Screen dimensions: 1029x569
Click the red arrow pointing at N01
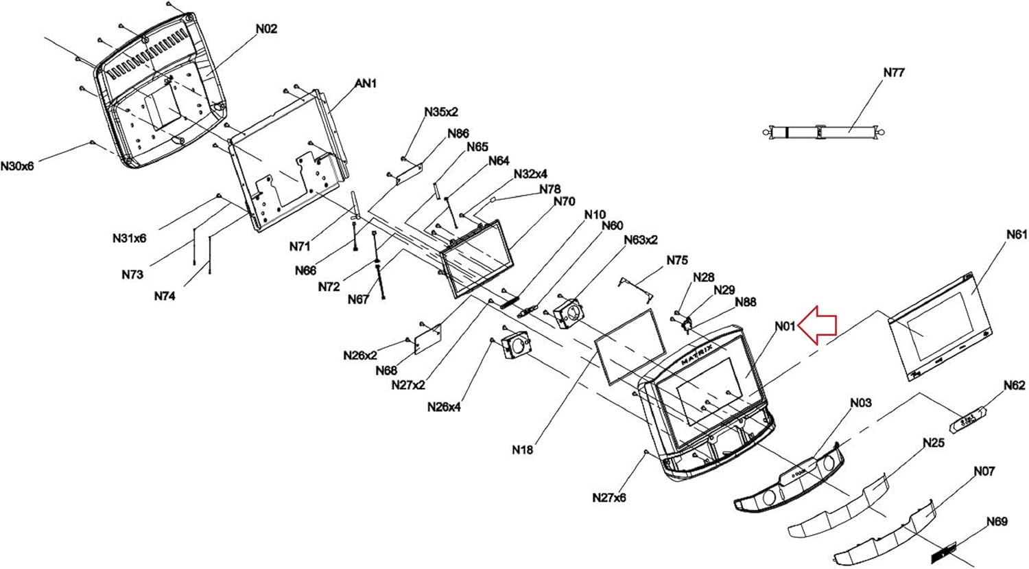pos(817,325)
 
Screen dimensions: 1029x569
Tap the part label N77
pos(894,73)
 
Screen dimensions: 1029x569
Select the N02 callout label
pos(266,29)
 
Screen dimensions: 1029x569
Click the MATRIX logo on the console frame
pos(697,355)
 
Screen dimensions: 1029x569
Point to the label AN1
pos(366,83)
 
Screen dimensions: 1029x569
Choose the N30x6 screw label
pos(17,166)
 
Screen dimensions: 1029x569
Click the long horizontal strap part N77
pos(823,132)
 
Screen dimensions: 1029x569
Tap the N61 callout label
pos(1017,235)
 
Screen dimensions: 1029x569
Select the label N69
pos(997,522)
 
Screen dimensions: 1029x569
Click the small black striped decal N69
pos(943,553)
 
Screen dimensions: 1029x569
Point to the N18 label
pos(523,450)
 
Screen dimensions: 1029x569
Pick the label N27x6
pos(608,498)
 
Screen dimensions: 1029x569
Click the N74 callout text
pos(165,297)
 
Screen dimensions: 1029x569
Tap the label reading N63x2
pos(640,240)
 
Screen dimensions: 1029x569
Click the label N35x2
pos(441,112)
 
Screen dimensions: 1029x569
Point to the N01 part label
pos(785,326)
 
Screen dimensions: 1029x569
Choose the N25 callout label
pos(934,443)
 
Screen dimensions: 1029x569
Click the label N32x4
pos(530,174)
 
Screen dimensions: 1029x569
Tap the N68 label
pos(386,371)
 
